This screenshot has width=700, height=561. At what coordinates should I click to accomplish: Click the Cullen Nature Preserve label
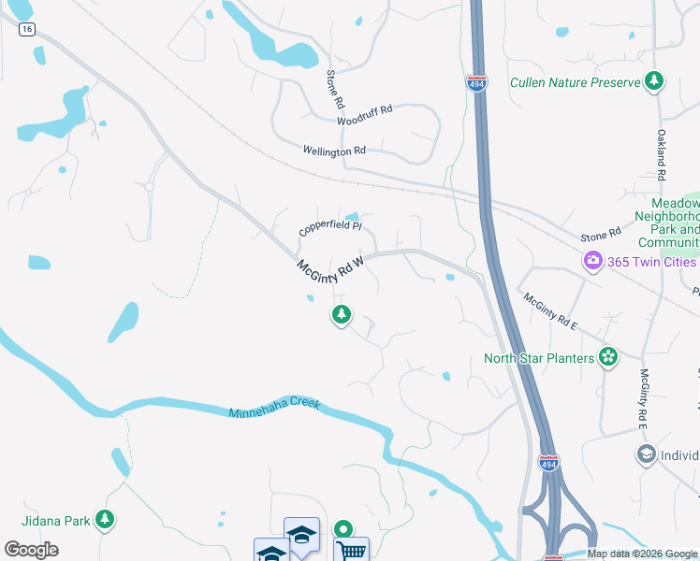(575, 82)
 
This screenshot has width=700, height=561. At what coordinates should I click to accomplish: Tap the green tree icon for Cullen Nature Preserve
(654, 81)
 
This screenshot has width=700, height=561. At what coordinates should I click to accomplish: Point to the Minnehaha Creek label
(274, 409)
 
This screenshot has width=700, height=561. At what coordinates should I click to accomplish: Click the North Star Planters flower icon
(608, 357)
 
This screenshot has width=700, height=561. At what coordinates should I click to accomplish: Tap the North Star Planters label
(539, 358)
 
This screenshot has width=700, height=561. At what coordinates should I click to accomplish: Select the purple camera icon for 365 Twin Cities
(592, 261)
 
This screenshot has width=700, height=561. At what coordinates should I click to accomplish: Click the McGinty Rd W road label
(329, 266)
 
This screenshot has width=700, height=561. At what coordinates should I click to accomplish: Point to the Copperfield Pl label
(329, 228)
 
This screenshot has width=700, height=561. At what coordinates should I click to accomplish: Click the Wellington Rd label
(334, 151)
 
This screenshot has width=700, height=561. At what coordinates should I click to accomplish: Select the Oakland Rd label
(661, 155)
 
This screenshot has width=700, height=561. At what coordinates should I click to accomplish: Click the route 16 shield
(27, 29)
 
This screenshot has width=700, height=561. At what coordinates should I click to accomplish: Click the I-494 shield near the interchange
(549, 464)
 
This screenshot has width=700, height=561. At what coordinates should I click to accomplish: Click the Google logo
(31, 550)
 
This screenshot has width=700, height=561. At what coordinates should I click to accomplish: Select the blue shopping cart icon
(351, 551)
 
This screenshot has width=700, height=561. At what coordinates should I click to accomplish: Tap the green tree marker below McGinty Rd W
(342, 315)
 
